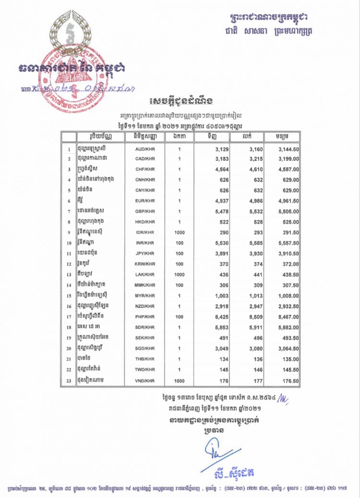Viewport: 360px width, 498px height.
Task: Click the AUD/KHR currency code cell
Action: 144,149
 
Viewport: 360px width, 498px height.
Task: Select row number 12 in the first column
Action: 69,264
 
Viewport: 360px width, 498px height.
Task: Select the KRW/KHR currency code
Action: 144,264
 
